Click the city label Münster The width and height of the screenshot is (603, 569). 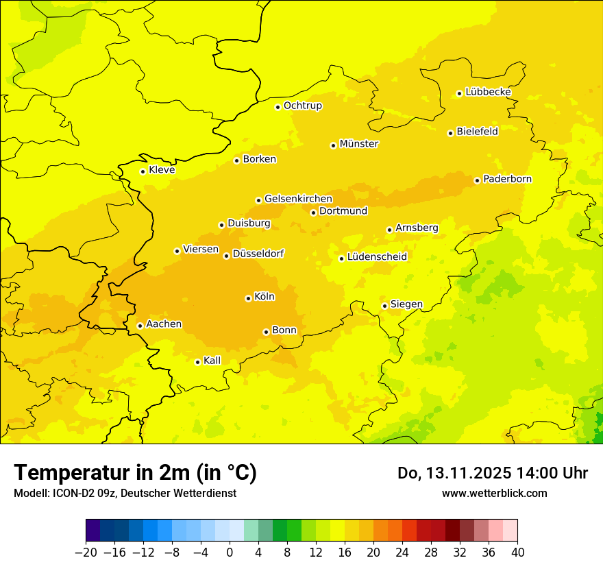click(x=359, y=144)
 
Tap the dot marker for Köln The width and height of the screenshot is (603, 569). click(x=248, y=298)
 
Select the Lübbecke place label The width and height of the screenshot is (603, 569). click(x=488, y=92)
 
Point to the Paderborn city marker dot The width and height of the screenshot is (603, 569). click(x=477, y=180)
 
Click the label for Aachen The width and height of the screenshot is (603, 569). click(x=164, y=324)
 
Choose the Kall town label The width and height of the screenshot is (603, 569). click(x=212, y=361)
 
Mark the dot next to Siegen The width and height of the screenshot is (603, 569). click(x=384, y=306)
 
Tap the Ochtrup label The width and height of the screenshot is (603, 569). click(x=303, y=106)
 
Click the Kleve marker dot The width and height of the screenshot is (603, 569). click(x=143, y=171)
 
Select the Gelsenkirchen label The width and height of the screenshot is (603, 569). click(x=298, y=199)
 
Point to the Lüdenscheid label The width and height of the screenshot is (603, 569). click(x=377, y=257)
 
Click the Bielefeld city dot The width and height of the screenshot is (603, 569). click(x=450, y=133)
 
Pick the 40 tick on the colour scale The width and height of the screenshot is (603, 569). click(x=517, y=553)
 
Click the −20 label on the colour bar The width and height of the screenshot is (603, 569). click(x=86, y=553)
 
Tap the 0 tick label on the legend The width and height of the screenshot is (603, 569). click(x=230, y=553)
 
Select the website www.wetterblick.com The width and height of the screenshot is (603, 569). click(x=494, y=493)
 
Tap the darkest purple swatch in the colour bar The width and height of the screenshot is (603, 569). click(x=93, y=531)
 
